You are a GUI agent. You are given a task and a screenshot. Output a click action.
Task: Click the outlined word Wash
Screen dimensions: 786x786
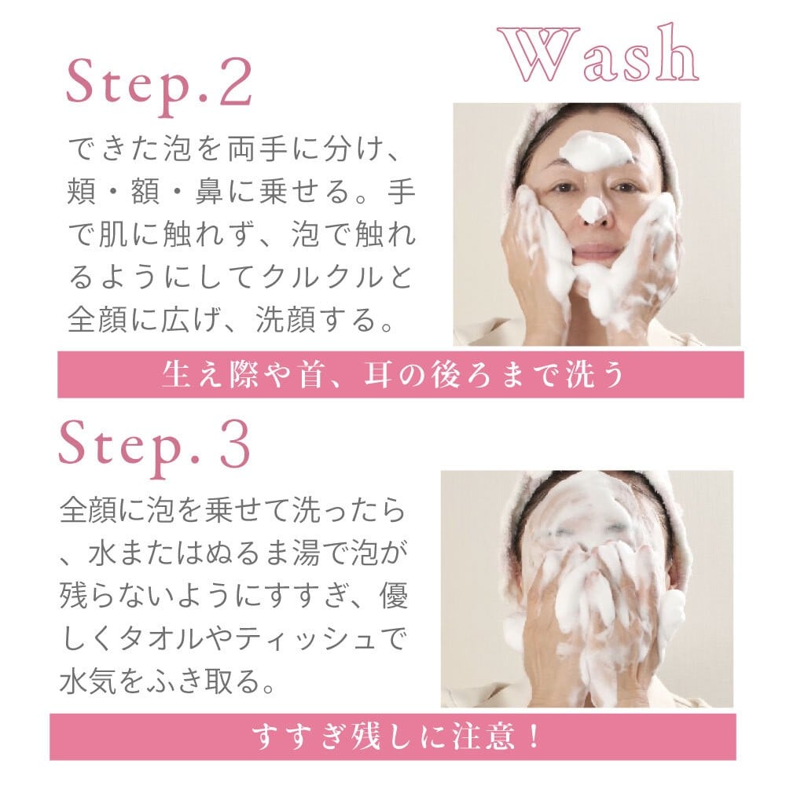coord(597,53)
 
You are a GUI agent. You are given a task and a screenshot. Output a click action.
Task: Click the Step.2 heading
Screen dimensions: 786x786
coord(160,85)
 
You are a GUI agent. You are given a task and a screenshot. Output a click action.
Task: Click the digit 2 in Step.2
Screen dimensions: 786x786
coord(236,81)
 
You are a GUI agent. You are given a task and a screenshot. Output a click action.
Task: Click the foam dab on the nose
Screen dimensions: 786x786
coord(593,210)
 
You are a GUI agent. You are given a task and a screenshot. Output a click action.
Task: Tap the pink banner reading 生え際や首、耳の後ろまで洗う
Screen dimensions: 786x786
coord(401,374)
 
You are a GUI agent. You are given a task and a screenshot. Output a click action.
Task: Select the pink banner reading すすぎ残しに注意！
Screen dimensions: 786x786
coord(393,736)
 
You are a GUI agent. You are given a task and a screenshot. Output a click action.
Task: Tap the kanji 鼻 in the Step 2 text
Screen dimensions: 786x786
coord(209,191)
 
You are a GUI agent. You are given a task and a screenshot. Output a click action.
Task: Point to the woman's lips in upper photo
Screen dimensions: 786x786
coord(597,249)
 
